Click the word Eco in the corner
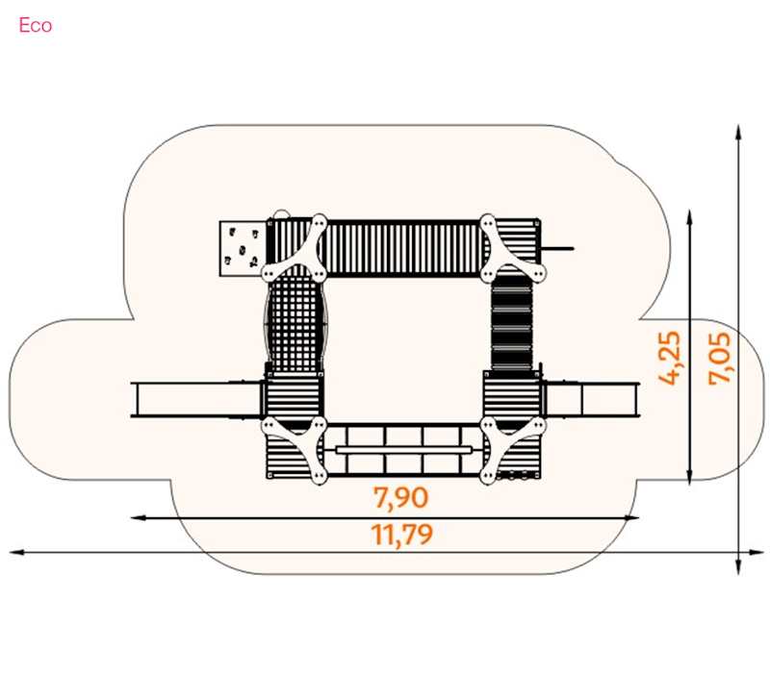[36, 26]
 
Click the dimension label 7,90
[400, 498]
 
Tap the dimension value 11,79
[401, 535]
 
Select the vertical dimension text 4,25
[670, 358]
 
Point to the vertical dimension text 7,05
[719, 359]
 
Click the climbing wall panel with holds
[243, 249]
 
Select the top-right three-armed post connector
[513, 249]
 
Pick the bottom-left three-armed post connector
[295, 449]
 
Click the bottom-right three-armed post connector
[513, 450]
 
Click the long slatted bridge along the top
[402, 248]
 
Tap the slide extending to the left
[196, 400]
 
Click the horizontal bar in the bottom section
[403, 450]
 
